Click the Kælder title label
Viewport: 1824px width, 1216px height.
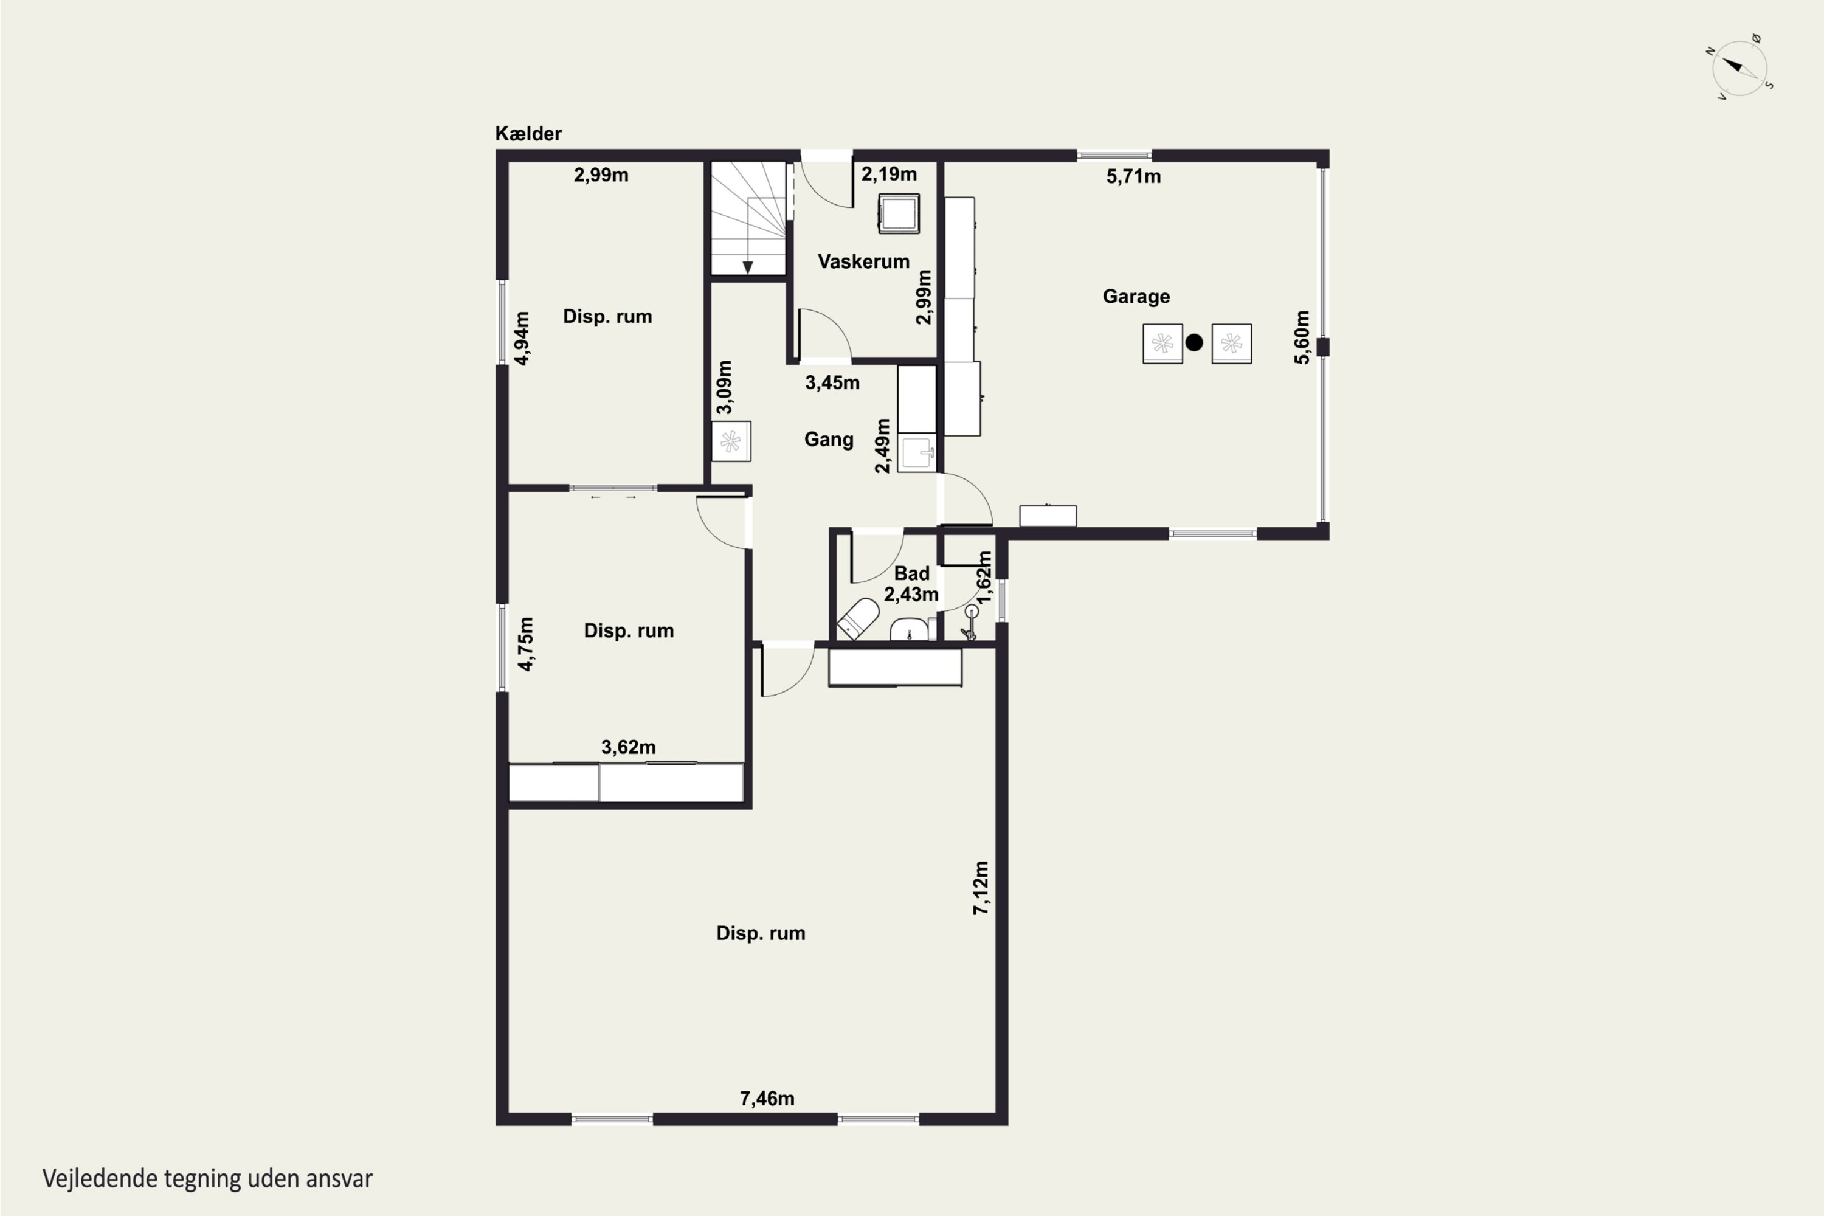coord(528,133)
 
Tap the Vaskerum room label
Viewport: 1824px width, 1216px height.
coord(863,261)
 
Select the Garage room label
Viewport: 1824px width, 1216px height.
coord(1136,296)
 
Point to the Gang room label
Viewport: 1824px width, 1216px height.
coord(828,440)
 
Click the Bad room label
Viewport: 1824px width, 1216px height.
coord(911,573)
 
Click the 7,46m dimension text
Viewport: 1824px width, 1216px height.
coord(767,1098)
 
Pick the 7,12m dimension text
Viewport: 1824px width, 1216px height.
coord(981,887)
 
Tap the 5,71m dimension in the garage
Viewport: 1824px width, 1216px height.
coord(1133,177)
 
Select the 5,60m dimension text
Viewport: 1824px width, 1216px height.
coord(1302,337)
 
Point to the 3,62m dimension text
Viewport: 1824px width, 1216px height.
coord(628,747)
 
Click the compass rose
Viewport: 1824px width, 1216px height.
coord(1740,68)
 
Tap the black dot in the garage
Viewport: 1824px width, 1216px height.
coord(1194,342)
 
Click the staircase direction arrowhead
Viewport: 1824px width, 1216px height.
coord(748,268)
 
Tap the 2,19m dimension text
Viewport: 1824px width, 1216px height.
coord(889,174)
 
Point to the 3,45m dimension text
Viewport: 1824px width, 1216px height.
coord(832,382)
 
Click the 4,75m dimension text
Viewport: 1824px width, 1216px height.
coord(526,644)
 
